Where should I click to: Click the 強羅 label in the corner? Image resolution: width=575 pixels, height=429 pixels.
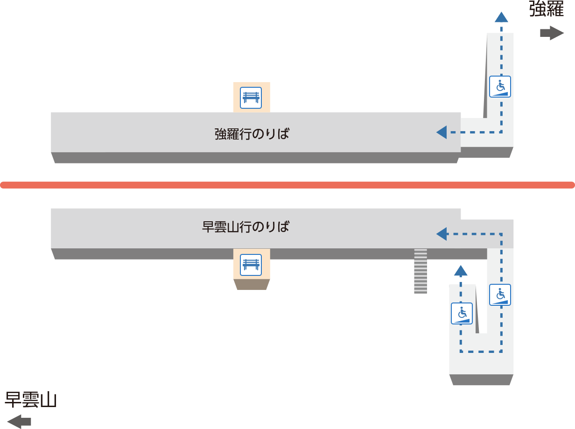point(547,9)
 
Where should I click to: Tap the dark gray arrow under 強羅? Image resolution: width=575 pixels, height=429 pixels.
point(552,33)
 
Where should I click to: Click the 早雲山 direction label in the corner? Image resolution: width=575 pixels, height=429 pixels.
point(31,400)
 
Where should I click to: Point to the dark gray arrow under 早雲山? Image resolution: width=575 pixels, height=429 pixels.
point(19,422)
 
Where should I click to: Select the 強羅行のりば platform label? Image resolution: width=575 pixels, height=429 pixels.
point(252,134)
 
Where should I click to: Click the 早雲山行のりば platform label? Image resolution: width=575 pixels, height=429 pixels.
point(245,226)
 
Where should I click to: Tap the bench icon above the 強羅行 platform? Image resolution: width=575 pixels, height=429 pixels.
point(251,98)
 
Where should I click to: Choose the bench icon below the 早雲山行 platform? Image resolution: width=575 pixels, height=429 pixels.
point(251,265)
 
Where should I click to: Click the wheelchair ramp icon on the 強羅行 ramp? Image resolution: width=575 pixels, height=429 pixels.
point(500,86)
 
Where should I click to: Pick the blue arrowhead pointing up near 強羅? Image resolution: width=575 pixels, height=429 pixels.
point(501,17)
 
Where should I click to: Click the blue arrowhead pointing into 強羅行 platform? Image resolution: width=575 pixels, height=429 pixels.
point(442,132)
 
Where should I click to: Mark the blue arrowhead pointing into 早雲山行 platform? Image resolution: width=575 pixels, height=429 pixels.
point(442,234)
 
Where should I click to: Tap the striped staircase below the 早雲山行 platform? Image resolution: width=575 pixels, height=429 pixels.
point(421,271)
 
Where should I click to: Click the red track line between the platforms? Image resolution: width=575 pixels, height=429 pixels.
point(287,185)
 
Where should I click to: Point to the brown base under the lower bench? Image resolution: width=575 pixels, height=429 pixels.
point(252,284)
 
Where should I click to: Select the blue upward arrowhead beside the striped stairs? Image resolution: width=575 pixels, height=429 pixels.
point(461,271)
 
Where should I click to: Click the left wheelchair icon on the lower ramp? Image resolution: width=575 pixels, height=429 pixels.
point(462,314)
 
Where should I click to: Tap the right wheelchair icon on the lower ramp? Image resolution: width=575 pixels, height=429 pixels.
point(500,295)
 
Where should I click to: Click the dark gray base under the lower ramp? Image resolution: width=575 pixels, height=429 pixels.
point(481,380)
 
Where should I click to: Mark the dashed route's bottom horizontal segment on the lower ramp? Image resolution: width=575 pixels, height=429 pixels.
point(481,352)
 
